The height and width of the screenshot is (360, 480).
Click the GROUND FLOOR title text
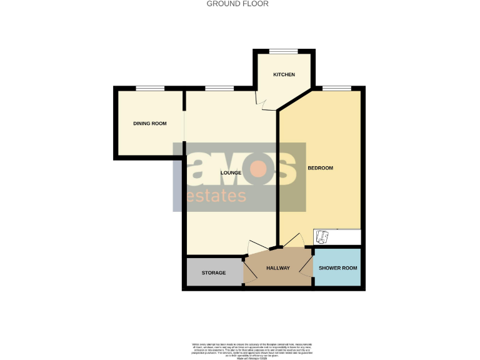tap(237, 4)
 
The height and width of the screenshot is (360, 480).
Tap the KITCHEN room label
tap(284, 75)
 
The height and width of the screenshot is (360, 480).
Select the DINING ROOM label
tap(150, 124)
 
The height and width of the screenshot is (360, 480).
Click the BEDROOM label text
tap(320, 168)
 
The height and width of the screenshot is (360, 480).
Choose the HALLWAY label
tap(278, 268)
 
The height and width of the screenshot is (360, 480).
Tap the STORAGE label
tap(213, 273)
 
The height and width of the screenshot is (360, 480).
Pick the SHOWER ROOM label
tap(337, 268)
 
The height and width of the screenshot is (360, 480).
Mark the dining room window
tap(150, 88)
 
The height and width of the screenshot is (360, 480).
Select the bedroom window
tap(336, 88)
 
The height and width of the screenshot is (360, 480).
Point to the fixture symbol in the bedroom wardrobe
tap(322, 237)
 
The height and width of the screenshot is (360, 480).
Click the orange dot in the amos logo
tap(259, 169)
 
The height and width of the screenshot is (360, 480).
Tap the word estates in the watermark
tap(216, 196)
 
